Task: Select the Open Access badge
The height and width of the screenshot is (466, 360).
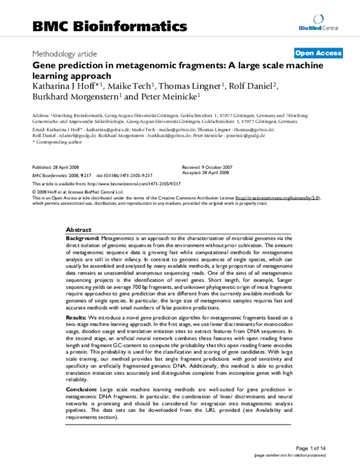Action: [x=318, y=53]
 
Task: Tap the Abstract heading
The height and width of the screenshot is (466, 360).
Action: [x=79, y=230]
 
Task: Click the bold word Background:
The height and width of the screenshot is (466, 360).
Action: [x=83, y=238]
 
